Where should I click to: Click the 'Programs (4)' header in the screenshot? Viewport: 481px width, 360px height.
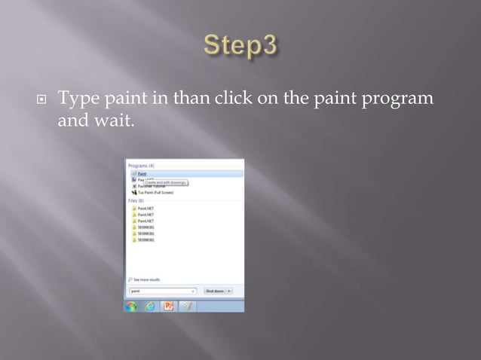(141, 165)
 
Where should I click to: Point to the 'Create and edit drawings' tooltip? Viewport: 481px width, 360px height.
(166, 182)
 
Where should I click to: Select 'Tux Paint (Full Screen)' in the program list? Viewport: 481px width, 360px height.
(154, 192)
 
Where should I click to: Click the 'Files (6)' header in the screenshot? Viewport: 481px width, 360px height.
(136, 200)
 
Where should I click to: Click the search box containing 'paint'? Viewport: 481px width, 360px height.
(160, 290)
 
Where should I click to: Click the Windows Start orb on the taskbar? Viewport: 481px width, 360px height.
(132, 306)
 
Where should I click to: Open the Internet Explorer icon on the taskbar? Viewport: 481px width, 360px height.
(150, 306)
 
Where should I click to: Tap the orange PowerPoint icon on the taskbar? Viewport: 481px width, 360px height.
(168, 306)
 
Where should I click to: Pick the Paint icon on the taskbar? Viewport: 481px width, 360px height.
(186, 306)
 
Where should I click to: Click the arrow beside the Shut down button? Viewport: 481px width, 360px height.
(229, 290)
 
